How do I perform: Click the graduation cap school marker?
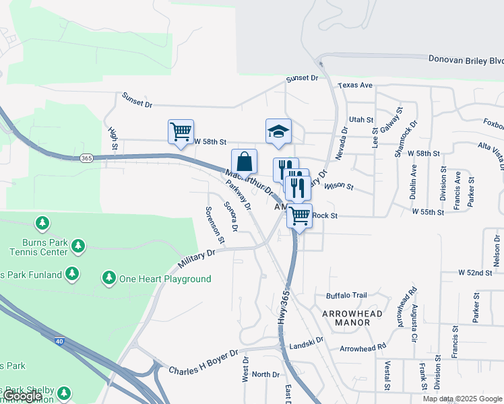pyautogui.click(x=278, y=131)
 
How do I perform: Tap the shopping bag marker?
pyautogui.click(x=244, y=162)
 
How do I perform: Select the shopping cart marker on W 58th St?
pyautogui.click(x=181, y=132)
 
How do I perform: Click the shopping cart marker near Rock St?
pyautogui.click(x=299, y=216)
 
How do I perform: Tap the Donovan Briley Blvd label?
pyautogui.click(x=465, y=60)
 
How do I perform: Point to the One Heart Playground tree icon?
pyautogui.click(x=108, y=277)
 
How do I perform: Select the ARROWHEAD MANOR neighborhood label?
pyautogui.click(x=352, y=318)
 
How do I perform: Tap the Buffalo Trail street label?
pyautogui.click(x=346, y=296)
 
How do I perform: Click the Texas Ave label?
pyautogui.click(x=356, y=86)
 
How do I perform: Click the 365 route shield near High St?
pyautogui.click(x=86, y=158)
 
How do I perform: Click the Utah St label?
pyautogui.click(x=361, y=119)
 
